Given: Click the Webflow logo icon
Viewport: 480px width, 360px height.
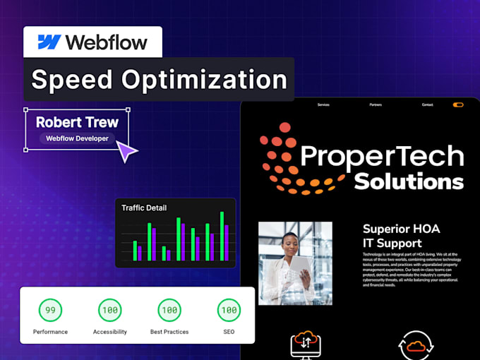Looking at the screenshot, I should tap(49, 42).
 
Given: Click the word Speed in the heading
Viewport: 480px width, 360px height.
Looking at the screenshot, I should tap(70, 80).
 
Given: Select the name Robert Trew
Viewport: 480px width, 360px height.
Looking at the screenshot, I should tap(78, 122).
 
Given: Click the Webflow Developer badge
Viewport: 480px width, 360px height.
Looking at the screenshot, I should tap(77, 138).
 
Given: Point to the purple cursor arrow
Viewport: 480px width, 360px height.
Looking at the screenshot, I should tap(126, 150).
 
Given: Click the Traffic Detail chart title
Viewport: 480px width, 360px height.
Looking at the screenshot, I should tap(144, 208).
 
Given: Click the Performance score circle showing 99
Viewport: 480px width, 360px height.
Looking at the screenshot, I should tap(50, 310).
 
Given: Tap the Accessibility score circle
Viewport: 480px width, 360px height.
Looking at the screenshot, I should tap(109, 310).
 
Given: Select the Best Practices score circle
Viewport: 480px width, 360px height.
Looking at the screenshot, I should tap(169, 310).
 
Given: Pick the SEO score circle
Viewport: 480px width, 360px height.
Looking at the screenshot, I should tap(228, 310).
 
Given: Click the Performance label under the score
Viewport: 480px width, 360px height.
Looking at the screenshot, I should tap(50, 332).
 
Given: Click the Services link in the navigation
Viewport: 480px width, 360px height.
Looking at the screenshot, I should tap(323, 104).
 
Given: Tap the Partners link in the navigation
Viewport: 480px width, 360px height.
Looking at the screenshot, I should tap(376, 104).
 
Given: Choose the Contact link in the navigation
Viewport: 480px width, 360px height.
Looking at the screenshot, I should tap(428, 104).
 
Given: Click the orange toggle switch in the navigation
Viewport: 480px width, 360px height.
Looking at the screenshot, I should tap(459, 104).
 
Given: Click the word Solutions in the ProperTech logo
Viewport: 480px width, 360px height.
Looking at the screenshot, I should tap(409, 181).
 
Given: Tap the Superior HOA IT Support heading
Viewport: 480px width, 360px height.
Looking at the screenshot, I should tap(402, 236).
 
